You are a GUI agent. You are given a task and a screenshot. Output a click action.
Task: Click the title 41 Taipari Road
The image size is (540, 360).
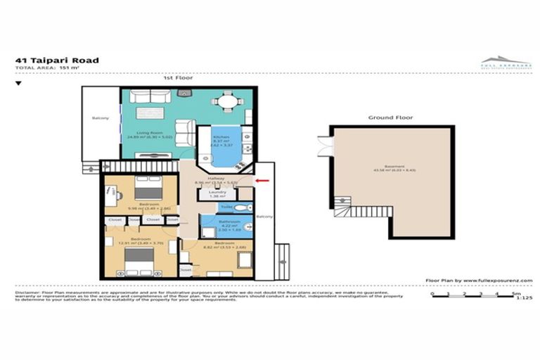[x=56, y=60]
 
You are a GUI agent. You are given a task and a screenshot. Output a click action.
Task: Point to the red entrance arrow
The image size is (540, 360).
[x=261, y=181]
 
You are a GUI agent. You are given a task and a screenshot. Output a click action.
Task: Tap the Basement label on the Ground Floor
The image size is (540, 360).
[x=391, y=167]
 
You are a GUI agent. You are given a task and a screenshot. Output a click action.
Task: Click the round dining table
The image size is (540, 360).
[x=227, y=102]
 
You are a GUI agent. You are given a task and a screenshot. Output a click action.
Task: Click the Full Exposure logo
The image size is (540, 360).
[x=506, y=62]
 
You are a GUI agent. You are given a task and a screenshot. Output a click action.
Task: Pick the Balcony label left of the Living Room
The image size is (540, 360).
[x=101, y=118]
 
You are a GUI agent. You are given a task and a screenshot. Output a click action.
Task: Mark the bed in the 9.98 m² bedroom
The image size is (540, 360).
[x=148, y=191]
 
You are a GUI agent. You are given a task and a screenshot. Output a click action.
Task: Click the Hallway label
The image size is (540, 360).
[x=216, y=179]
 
